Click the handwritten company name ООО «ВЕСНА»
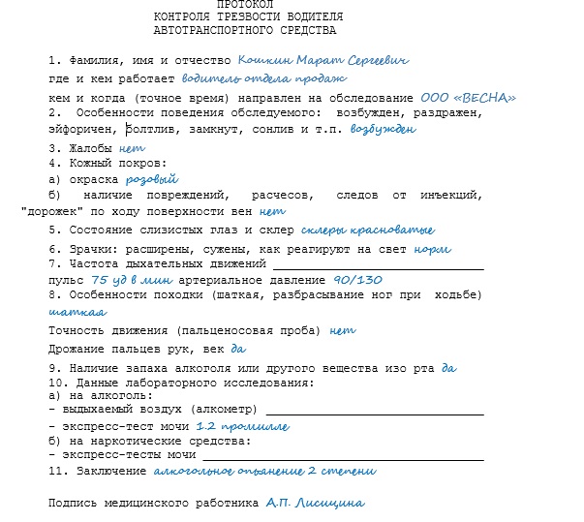(x=468, y=98)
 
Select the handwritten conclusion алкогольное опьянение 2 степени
(x=264, y=471)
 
